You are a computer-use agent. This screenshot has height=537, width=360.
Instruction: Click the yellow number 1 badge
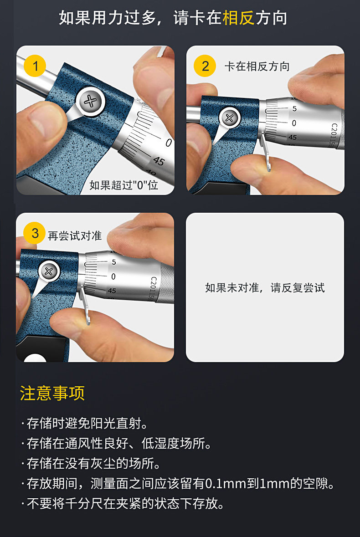click(x=35, y=66)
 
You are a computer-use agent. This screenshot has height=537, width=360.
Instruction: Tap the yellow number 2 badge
click(x=205, y=66)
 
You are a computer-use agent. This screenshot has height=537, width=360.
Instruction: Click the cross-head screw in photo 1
click(x=90, y=101)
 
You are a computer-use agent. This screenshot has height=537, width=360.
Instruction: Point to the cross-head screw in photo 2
click(x=230, y=118)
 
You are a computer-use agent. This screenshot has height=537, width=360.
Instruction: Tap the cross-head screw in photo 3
click(x=49, y=272)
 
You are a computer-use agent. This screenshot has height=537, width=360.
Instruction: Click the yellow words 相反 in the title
click(x=239, y=18)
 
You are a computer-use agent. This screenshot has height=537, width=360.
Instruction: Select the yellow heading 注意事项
click(x=52, y=393)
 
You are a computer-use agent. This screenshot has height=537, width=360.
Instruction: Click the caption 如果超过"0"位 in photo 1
click(x=123, y=185)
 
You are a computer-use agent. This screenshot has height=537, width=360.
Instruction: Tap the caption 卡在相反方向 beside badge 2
click(x=257, y=66)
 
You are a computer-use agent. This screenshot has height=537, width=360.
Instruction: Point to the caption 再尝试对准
click(x=75, y=235)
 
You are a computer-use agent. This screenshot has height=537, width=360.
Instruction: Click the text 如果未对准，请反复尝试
click(x=265, y=287)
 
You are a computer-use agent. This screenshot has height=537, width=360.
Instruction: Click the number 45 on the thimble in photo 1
click(x=159, y=160)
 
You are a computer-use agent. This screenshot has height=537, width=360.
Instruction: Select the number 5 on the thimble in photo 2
click(x=294, y=109)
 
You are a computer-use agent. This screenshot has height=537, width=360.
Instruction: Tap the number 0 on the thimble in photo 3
click(x=113, y=276)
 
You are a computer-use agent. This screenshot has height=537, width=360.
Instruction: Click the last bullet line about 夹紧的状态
click(x=122, y=503)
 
